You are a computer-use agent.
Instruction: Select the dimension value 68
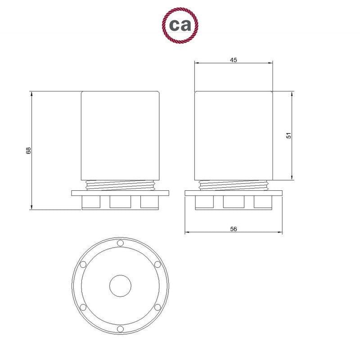click(28, 151)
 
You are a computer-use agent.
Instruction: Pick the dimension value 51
click(289, 135)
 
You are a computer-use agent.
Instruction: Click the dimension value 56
click(233, 229)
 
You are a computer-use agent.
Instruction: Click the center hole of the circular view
click(121, 286)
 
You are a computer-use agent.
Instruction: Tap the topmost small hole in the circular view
click(120, 243)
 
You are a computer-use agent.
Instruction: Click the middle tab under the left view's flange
click(121, 203)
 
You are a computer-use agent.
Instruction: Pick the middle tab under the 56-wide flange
click(234, 203)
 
